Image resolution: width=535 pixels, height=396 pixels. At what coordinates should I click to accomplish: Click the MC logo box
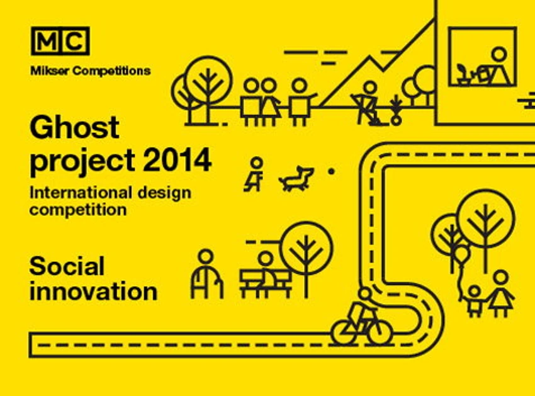[x=60, y=41]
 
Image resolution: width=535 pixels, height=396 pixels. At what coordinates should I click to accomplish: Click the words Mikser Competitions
[x=91, y=71]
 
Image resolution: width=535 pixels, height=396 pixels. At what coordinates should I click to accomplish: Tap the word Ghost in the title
[x=74, y=127]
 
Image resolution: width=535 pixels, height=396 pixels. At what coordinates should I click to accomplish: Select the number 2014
[x=177, y=160]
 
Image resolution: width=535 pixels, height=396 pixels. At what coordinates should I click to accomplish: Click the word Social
[x=67, y=266]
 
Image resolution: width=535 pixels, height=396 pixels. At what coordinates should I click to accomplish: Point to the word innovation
[x=94, y=291]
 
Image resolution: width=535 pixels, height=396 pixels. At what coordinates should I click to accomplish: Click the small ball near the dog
[x=331, y=171]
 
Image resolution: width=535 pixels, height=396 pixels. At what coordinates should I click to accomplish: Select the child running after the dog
[x=255, y=174]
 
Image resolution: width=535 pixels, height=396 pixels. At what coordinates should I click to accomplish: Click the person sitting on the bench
[x=266, y=273]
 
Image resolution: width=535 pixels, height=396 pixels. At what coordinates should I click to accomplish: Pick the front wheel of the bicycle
[x=380, y=331]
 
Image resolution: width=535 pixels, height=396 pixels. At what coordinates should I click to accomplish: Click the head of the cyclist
[x=365, y=293]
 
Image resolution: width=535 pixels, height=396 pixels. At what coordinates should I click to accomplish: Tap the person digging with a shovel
[x=368, y=103]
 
